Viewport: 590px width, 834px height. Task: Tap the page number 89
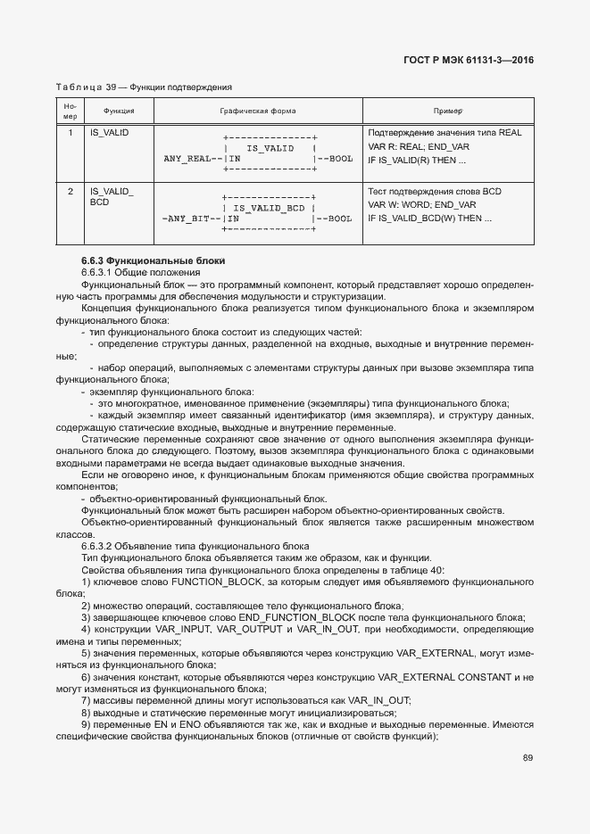pos(528,758)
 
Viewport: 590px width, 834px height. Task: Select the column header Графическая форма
pos(257,111)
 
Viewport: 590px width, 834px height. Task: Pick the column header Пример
pos(447,111)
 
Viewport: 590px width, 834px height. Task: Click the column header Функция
pos(119,111)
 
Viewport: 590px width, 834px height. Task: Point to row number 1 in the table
pos(71,133)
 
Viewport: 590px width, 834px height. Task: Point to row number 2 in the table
pos(71,191)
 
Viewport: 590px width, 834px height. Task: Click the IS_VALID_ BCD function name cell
pos(112,197)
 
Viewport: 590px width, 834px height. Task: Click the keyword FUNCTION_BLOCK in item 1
pos(217,581)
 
